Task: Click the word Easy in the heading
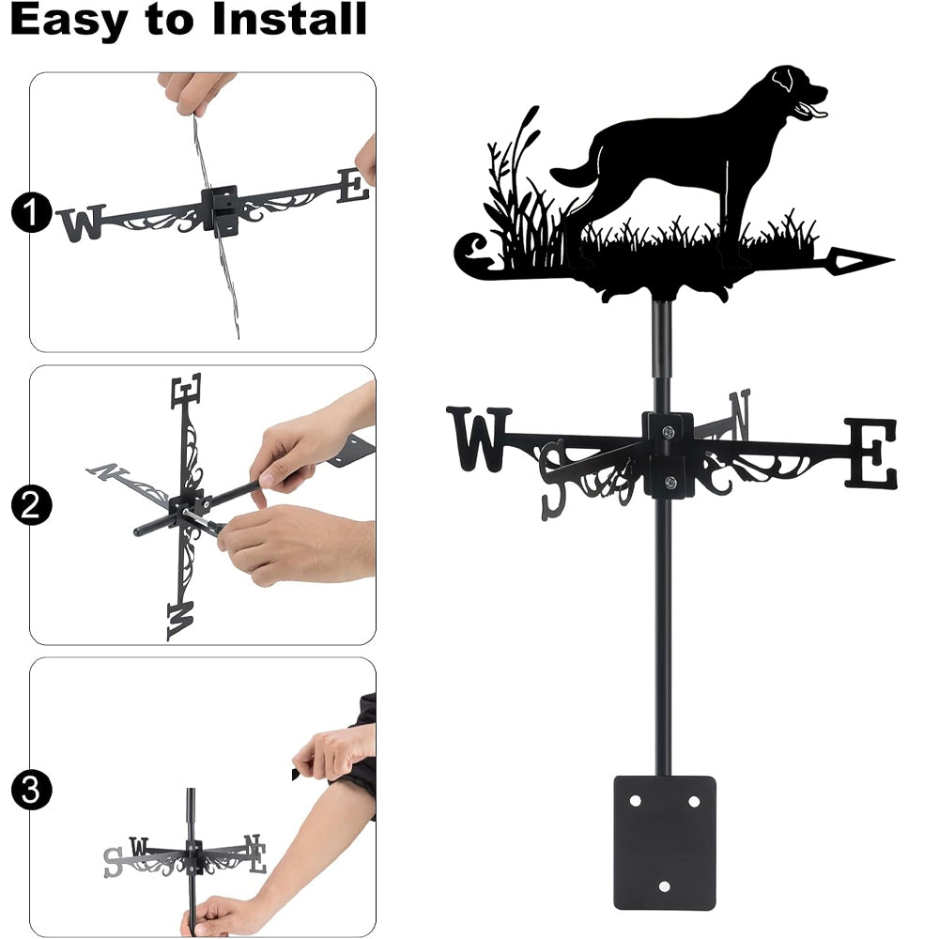point(69,21)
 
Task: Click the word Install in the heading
point(289,19)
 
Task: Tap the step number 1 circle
point(31,212)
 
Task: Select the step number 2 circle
point(31,505)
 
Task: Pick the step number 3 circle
point(31,790)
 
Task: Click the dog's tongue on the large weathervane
point(816,112)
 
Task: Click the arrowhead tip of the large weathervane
point(894,260)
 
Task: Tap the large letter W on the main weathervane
point(479,439)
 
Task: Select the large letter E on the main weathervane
point(871,454)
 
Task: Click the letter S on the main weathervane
point(554,480)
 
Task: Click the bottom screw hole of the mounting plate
point(664,886)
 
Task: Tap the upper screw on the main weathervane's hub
point(669,431)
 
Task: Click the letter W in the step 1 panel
point(83,223)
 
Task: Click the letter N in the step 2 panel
point(107,470)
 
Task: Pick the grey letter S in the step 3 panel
point(113,862)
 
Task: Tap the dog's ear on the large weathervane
point(782,80)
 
